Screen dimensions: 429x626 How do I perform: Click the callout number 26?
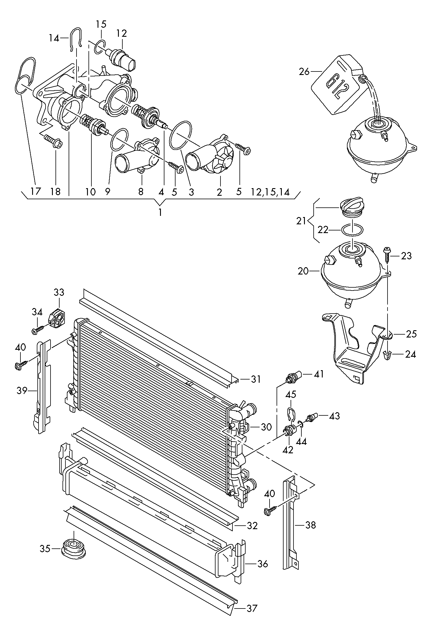304,71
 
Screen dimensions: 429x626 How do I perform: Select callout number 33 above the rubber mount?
59,292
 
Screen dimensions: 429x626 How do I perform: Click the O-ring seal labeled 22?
352,230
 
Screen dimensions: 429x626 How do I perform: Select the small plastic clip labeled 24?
387,355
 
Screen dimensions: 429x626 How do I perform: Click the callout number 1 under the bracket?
160,212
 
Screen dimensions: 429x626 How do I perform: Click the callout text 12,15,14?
270,192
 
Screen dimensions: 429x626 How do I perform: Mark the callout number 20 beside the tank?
304,271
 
